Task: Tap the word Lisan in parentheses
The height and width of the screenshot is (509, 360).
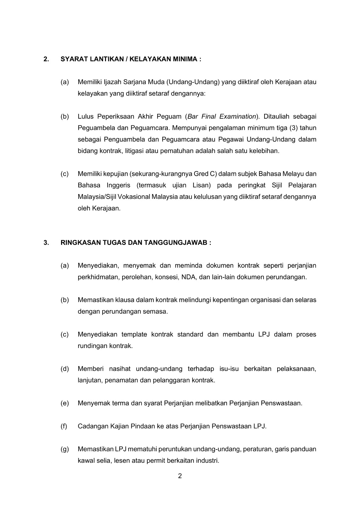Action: [x=201, y=185]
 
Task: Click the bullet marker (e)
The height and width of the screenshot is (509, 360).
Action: [x=65, y=403]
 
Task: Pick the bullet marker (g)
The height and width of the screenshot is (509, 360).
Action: [x=65, y=449]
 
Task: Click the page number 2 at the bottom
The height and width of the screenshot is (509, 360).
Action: [x=180, y=476]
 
